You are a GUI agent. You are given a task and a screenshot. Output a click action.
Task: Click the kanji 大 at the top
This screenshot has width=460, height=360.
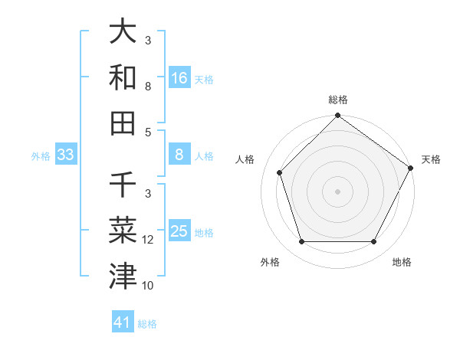(x=123, y=32)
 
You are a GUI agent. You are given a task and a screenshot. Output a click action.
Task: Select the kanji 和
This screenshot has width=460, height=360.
(x=123, y=77)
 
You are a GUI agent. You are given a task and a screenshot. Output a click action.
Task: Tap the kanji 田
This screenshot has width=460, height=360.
(x=123, y=123)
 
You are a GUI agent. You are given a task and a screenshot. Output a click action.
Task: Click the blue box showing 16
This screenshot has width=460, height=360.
(x=179, y=78)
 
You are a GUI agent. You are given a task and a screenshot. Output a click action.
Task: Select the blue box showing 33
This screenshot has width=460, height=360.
(x=65, y=155)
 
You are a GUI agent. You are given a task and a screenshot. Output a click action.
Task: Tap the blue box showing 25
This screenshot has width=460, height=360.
(x=179, y=231)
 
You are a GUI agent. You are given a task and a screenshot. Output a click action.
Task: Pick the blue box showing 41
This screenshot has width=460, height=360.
(x=123, y=322)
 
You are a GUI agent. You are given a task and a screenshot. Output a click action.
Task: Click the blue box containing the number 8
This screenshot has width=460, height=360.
(x=179, y=155)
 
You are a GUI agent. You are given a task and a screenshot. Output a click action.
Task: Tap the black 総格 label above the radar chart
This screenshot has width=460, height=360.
(x=338, y=100)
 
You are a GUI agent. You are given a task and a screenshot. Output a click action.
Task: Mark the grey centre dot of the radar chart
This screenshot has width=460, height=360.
(x=337, y=191)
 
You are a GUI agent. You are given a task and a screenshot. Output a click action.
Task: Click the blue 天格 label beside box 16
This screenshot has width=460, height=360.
(x=204, y=79)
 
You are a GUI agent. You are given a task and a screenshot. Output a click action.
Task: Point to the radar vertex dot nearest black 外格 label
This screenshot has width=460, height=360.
(x=301, y=242)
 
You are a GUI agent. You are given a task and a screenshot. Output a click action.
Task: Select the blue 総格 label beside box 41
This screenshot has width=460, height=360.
(x=147, y=323)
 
